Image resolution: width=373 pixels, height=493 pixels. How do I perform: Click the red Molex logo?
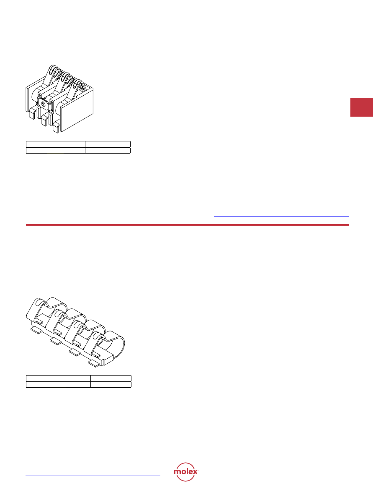(x=186, y=472)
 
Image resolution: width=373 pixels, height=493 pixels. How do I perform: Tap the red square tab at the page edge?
(x=361, y=107)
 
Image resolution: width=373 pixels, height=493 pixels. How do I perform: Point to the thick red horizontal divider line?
(x=187, y=225)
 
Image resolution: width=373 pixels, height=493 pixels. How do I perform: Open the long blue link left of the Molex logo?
(x=93, y=475)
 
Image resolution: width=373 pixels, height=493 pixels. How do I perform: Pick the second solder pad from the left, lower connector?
(x=55, y=341)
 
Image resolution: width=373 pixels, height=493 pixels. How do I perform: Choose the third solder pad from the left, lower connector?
(x=75, y=351)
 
